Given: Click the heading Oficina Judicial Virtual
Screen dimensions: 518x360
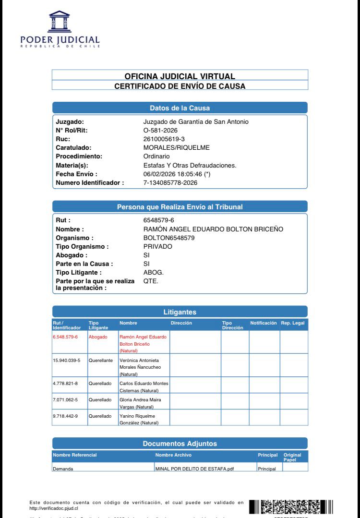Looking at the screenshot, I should coord(180,76).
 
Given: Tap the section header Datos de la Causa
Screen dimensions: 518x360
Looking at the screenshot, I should coord(180,108).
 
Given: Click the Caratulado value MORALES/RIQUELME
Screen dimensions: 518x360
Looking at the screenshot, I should coord(176,148).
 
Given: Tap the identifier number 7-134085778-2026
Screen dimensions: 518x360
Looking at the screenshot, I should coord(170,182).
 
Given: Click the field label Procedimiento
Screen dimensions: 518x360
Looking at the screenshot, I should coord(79,157).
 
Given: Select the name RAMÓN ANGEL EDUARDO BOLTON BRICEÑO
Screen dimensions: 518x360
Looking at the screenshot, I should coord(213,229).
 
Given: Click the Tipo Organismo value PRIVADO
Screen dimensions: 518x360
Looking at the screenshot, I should coord(157,246).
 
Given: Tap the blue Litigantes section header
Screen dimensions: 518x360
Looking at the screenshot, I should coord(180,312).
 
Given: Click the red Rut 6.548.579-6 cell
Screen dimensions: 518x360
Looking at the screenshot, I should coord(65,337).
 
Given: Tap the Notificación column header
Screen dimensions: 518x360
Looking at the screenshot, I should coord(264,323).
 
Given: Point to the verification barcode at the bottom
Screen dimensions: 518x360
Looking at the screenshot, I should coord(291,506).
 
